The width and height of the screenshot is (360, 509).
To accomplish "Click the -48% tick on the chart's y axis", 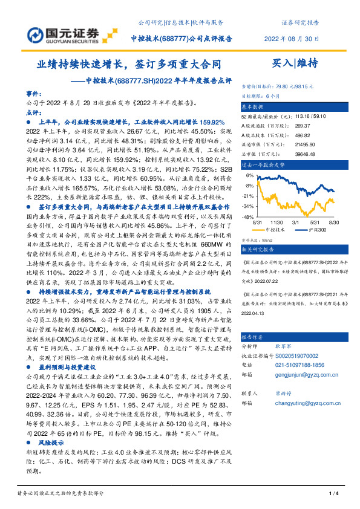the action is [x=249, y=216].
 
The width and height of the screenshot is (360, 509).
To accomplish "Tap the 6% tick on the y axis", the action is [x=250, y=175].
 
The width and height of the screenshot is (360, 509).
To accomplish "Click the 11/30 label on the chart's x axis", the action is [x=280, y=222].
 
